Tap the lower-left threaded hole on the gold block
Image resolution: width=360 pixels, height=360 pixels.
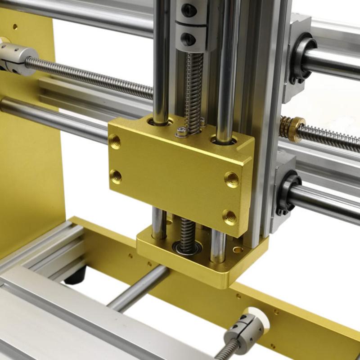pyautogui.click(x=116, y=176)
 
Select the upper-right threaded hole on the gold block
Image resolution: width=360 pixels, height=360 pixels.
pyautogui.click(x=232, y=179)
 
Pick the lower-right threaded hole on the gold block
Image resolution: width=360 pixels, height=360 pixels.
pyautogui.click(x=229, y=217)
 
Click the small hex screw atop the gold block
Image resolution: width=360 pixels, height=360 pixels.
pyautogui.click(x=181, y=132)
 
